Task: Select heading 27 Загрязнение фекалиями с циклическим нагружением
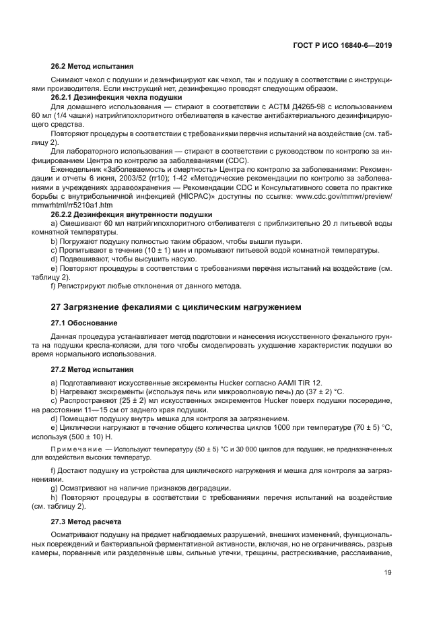(176, 307)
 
